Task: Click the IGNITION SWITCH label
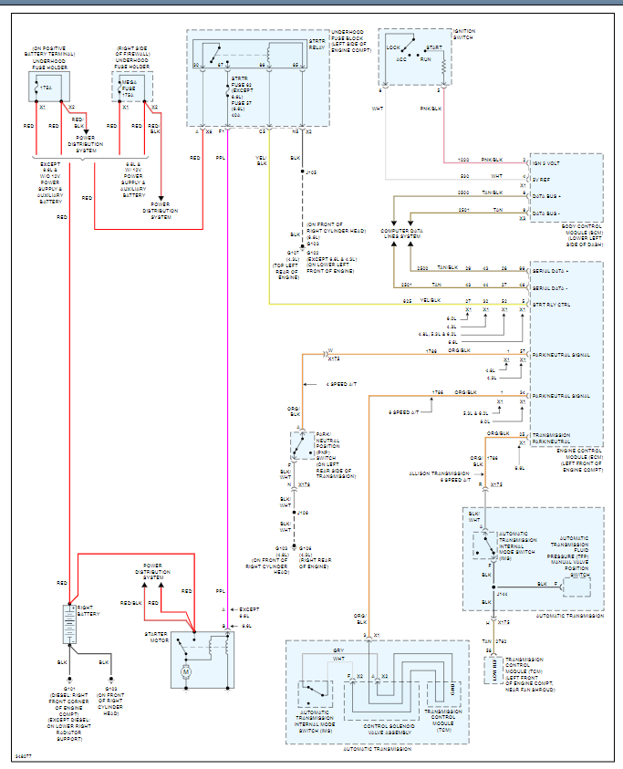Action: (464, 34)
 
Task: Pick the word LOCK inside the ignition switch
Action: (393, 47)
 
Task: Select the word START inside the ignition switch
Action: (433, 47)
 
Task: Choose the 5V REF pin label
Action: (542, 180)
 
